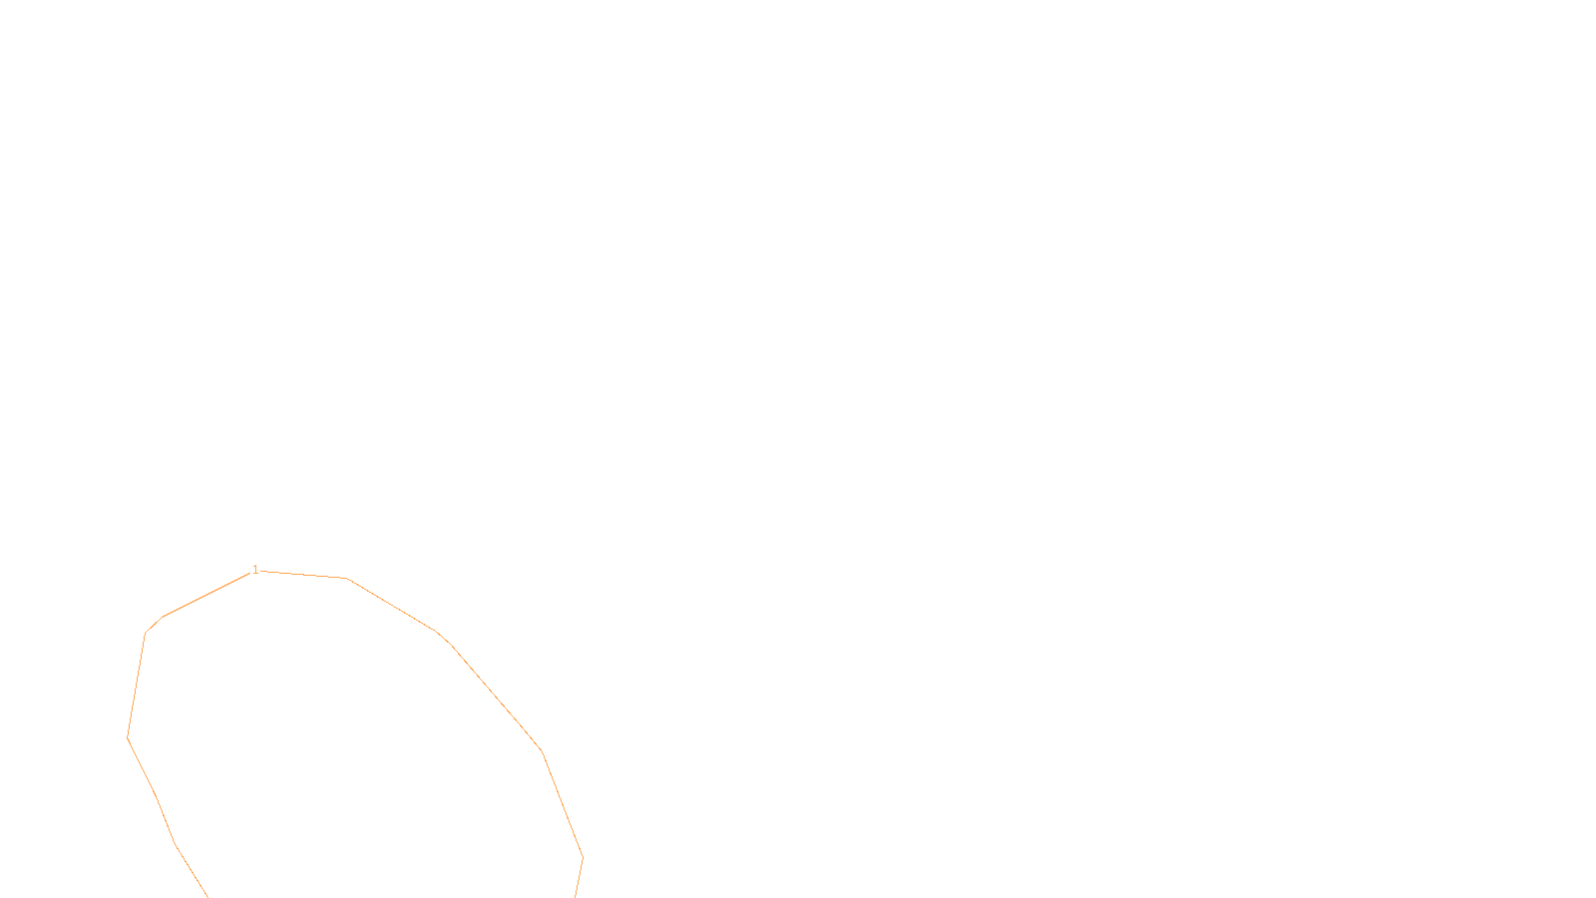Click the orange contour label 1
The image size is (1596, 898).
click(255, 570)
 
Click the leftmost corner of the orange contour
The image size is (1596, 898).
click(128, 736)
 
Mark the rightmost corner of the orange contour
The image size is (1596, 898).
click(583, 857)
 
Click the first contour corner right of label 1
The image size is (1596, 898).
click(346, 578)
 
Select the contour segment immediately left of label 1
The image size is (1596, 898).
click(207, 595)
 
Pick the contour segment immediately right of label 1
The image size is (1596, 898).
click(303, 575)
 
